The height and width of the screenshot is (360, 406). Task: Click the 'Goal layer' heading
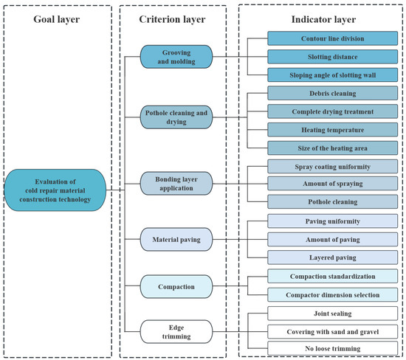pos(56,19)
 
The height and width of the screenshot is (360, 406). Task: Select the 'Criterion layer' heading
pos(172,19)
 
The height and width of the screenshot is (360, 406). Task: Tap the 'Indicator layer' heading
pos(323,19)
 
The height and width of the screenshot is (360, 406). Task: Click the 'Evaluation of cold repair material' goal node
pos(55,190)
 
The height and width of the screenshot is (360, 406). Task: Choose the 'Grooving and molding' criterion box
pos(176,57)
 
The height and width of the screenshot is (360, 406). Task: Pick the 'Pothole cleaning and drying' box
pos(176,117)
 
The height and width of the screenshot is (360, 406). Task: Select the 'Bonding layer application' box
pos(176,183)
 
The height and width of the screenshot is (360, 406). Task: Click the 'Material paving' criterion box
pos(176,240)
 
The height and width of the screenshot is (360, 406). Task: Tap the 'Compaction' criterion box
pos(176,286)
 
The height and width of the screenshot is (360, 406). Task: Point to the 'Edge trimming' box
pos(176,331)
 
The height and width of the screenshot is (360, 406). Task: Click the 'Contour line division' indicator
pos(332,38)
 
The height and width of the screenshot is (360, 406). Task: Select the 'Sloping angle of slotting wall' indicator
pos(332,75)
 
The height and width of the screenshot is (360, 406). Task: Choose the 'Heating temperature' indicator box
pos(332,130)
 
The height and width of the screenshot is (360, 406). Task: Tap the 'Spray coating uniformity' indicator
pos(332,167)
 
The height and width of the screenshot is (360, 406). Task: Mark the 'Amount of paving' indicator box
pos(332,240)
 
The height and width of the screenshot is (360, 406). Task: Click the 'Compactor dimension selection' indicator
pos(332,294)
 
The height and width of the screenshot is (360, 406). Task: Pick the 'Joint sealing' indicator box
pos(332,314)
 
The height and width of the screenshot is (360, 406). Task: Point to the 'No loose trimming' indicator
pos(332,348)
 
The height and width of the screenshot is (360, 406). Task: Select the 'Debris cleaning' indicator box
pos(332,93)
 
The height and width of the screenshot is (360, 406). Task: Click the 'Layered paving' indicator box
pos(332,257)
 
